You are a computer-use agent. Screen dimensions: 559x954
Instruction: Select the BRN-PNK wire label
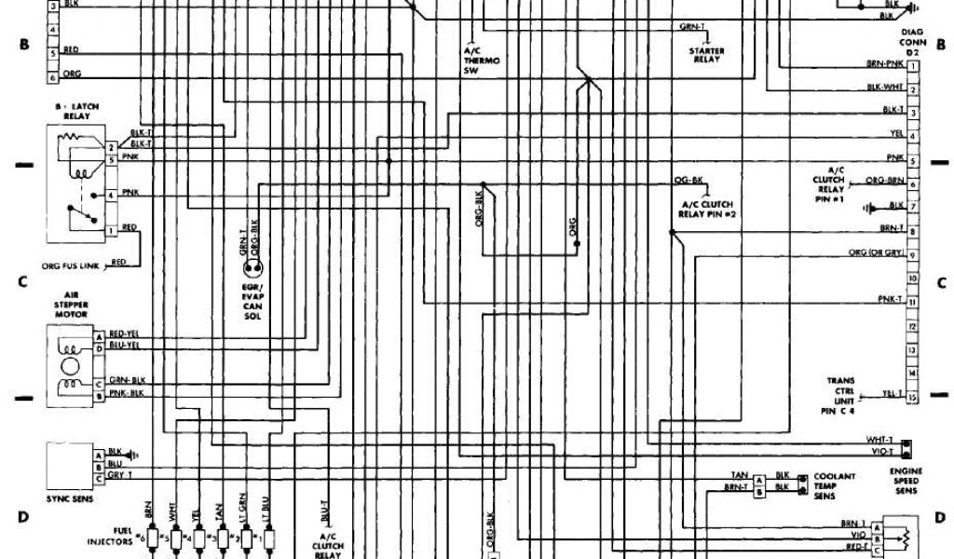pyautogui.click(x=885, y=63)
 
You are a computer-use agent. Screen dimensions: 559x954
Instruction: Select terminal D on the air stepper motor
pyautogui.click(x=98, y=347)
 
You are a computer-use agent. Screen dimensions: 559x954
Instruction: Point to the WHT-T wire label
pyautogui.click(x=879, y=439)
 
